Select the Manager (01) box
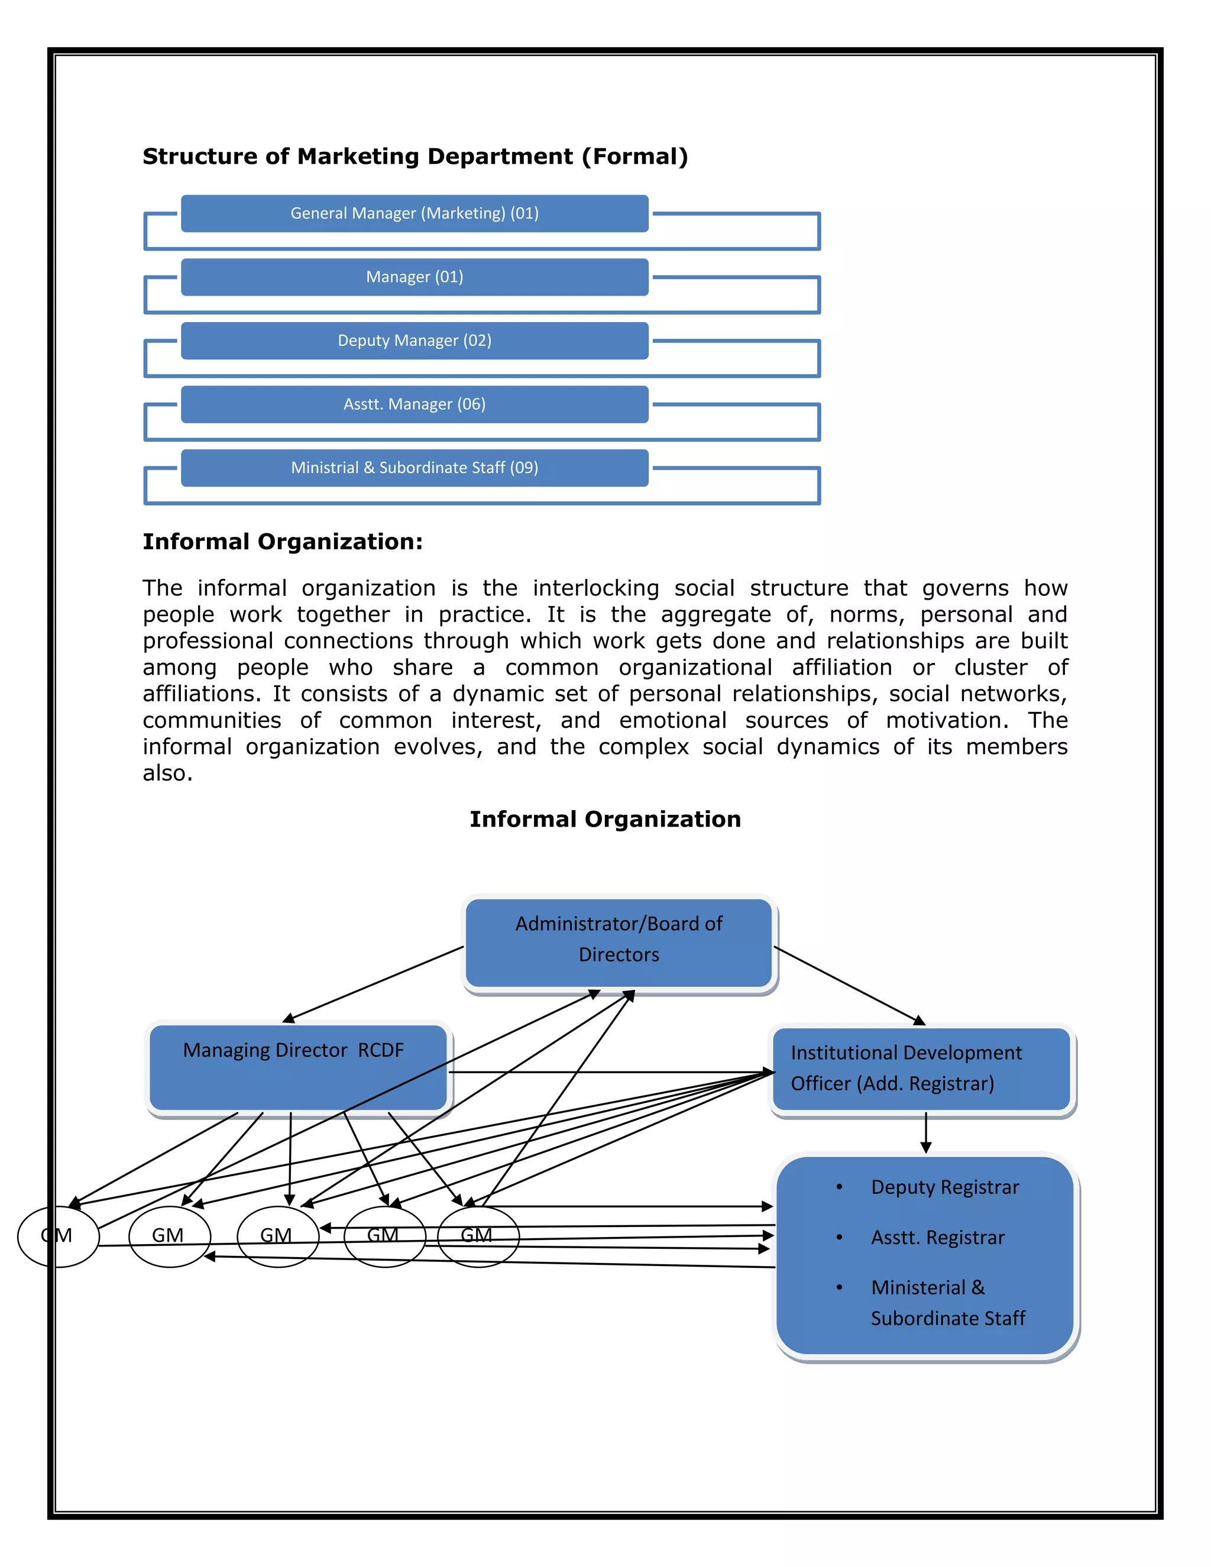click(x=415, y=277)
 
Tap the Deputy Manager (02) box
click(x=415, y=341)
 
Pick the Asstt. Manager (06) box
click(x=415, y=404)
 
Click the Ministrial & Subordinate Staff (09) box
click(x=415, y=468)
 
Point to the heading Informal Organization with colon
click(x=283, y=542)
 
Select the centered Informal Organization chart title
click(x=605, y=820)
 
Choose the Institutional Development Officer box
click(x=921, y=1069)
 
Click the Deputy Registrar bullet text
click(x=944, y=1187)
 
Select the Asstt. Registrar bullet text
click(x=937, y=1238)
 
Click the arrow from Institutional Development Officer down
click(x=925, y=1134)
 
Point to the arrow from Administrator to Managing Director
click(x=373, y=985)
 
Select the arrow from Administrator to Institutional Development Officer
click(x=850, y=985)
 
